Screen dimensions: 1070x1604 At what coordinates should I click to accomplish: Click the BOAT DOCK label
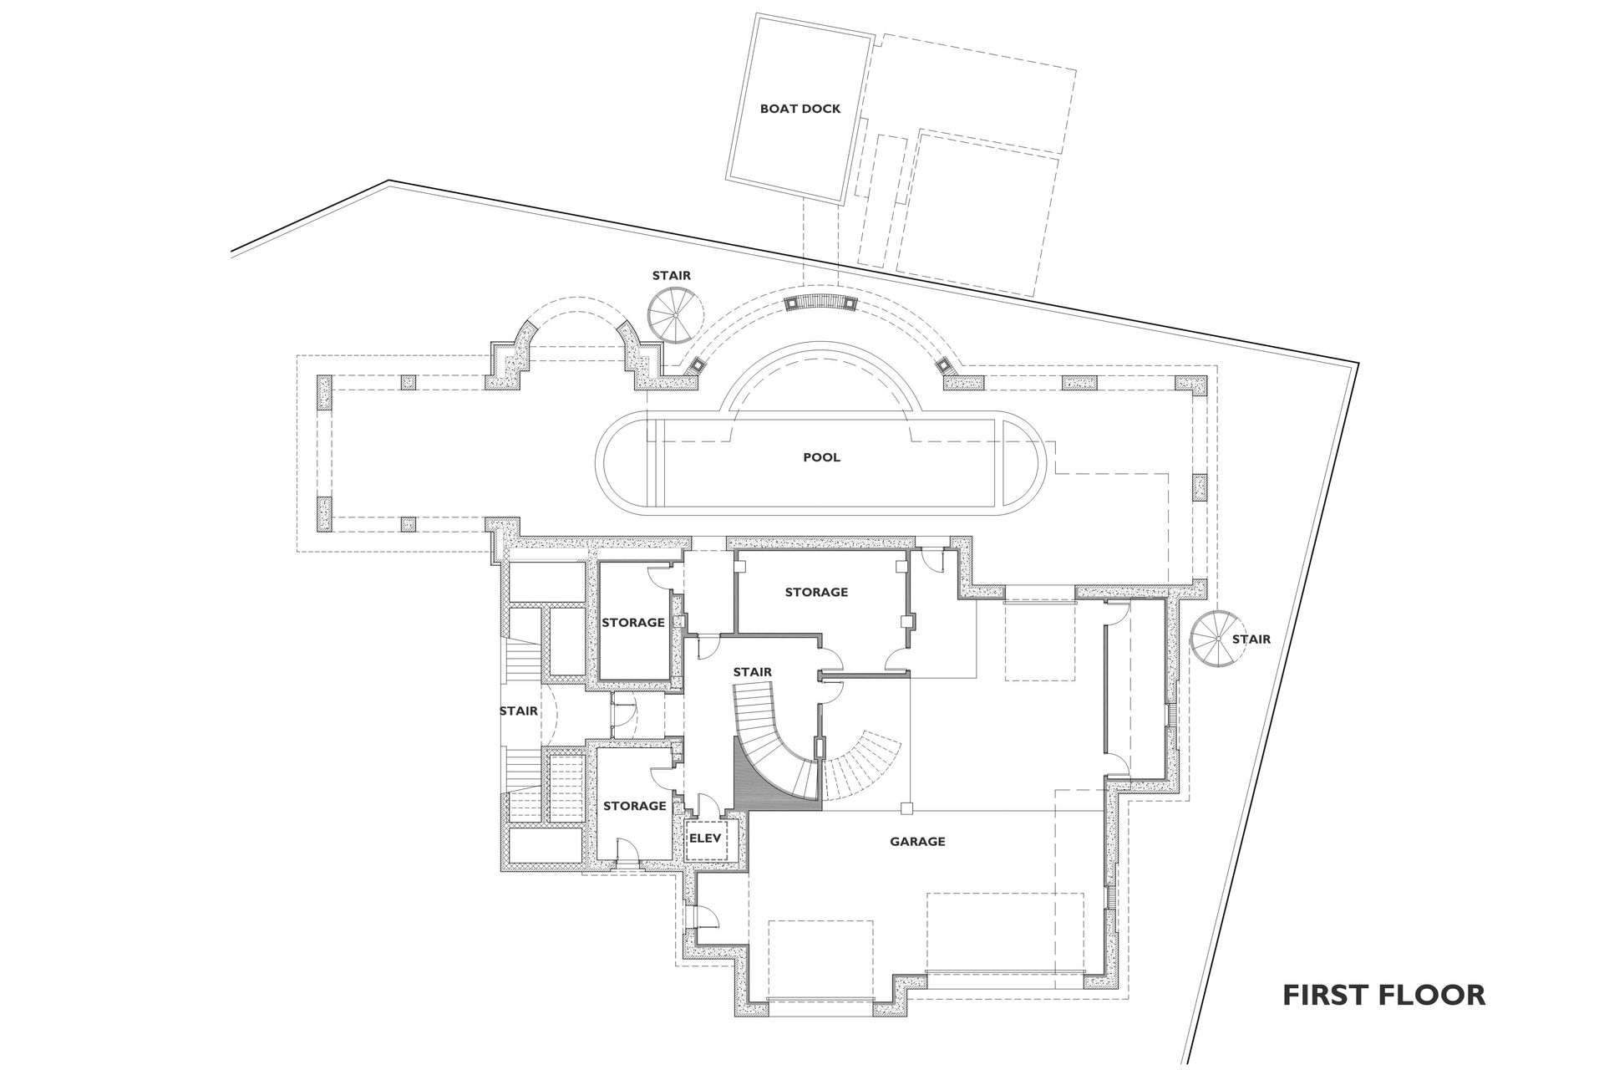(x=799, y=109)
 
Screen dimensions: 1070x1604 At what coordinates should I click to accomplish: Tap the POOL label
(x=821, y=457)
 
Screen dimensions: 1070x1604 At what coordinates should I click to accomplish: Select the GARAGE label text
(x=917, y=842)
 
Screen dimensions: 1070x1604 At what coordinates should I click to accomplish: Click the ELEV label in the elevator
(x=704, y=836)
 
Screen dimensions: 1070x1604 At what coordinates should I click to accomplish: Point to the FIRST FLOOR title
(x=1383, y=996)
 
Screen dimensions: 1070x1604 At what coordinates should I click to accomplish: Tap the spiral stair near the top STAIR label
(x=675, y=315)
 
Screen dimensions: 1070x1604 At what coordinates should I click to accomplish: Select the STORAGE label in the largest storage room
(x=816, y=592)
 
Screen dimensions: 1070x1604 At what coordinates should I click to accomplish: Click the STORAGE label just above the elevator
(x=634, y=806)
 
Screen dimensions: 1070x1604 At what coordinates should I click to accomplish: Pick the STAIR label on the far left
(x=518, y=711)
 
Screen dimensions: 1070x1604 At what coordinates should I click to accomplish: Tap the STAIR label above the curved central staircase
(x=752, y=672)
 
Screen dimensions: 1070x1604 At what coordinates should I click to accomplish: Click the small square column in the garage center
(x=908, y=808)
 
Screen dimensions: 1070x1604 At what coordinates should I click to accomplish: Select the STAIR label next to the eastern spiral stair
(x=1251, y=639)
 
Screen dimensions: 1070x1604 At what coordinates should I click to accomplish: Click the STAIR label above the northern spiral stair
(x=672, y=275)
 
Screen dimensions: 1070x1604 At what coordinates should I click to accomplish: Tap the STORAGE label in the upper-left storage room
(x=633, y=622)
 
